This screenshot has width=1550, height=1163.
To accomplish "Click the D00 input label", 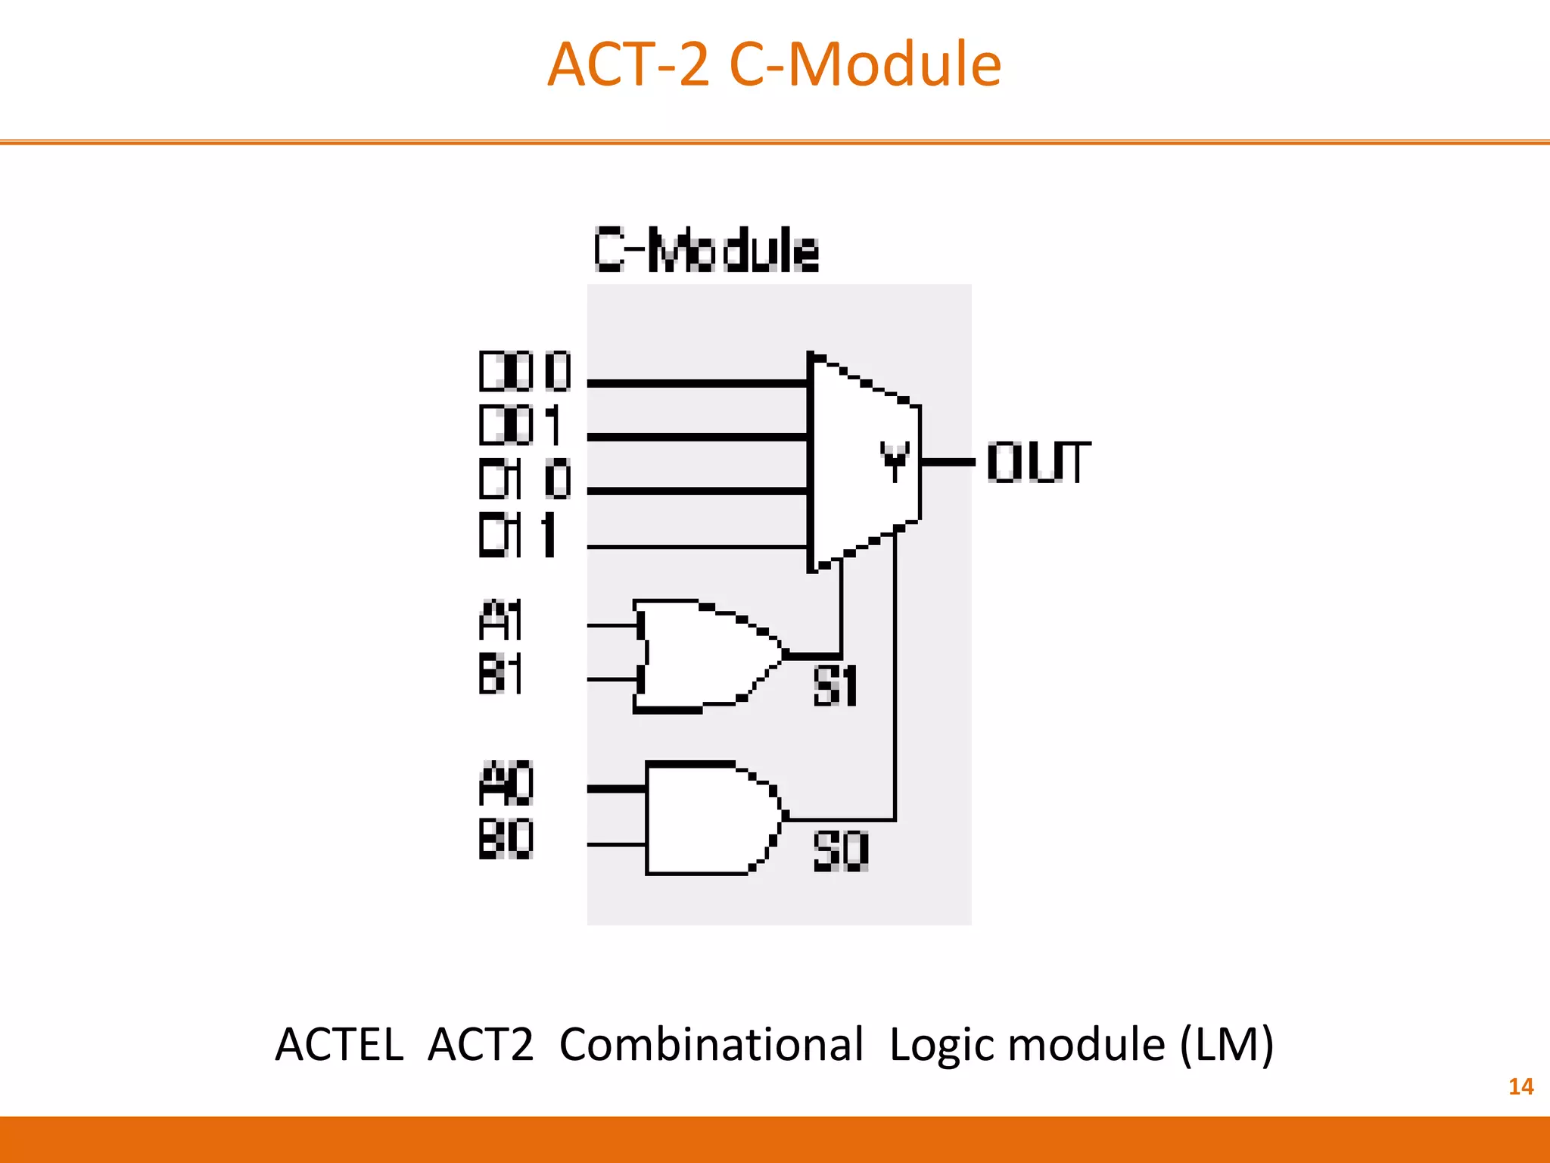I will pyautogui.click(x=524, y=372).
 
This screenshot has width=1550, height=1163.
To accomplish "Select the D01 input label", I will pyautogui.click(x=521, y=425).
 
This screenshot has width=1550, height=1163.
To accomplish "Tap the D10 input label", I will pyautogui.click(x=524, y=479).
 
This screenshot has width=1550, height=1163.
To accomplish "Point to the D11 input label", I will pyautogui.click(x=518, y=535).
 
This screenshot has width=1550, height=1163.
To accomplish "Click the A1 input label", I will pyautogui.click(x=500, y=621).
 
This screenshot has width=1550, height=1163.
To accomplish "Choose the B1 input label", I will pyautogui.click(x=500, y=674).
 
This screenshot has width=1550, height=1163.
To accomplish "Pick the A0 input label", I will pyautogui.click(x=506, y=784).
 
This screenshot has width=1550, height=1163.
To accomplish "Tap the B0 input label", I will pyautogui.click(x=506, y=839).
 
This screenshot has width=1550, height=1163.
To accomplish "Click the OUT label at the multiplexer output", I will pyautogui.click(x=1038, y=463).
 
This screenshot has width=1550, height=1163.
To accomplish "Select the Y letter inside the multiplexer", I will pyautogui.click(x=894, y=460).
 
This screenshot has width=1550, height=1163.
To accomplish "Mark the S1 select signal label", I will pyautogui.click(x=835, y=686).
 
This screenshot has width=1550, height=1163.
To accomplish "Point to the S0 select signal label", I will pyautogui.click(x=840, y=851).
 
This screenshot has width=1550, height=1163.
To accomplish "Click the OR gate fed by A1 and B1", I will pyautogui.click(x=704, y=656).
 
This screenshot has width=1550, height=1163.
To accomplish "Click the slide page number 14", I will pyautogui.click(x=1520, y=1087).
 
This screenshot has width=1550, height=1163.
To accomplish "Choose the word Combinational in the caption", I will pyautogui.click(x=711, y=1045).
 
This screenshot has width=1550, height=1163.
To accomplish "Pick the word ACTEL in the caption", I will pyautogui.click(x=339, y=1045).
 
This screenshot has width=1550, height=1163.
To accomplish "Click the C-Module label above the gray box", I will pyautogui.click(x=705, y=250).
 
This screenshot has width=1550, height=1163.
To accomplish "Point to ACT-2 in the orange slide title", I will pyautogui.click(x=628, y=64).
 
